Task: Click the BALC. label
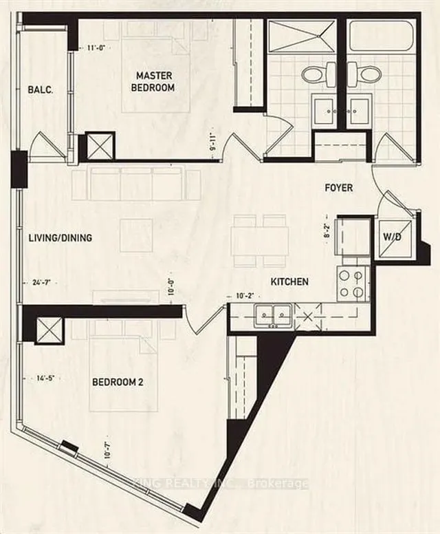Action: pyautogui.click(x=36, y=90)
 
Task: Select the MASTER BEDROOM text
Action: pyautogui.click(x=155, y=81)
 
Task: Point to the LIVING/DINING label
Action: pyautogui.click(x=60, y=238)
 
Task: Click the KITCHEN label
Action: pyautogui.click(x=289, y=281)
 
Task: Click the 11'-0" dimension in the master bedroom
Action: pyautogui.click(x=98, y=47)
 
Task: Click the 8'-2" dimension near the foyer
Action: pyautogui.click(x=329, y=228)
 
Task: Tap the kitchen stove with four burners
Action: pyautogui.click(x=353, y=284)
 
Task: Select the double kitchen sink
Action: pyautogui.click(x=273, y=316)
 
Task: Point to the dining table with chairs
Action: pyautogui.click(x=259, y=240)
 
